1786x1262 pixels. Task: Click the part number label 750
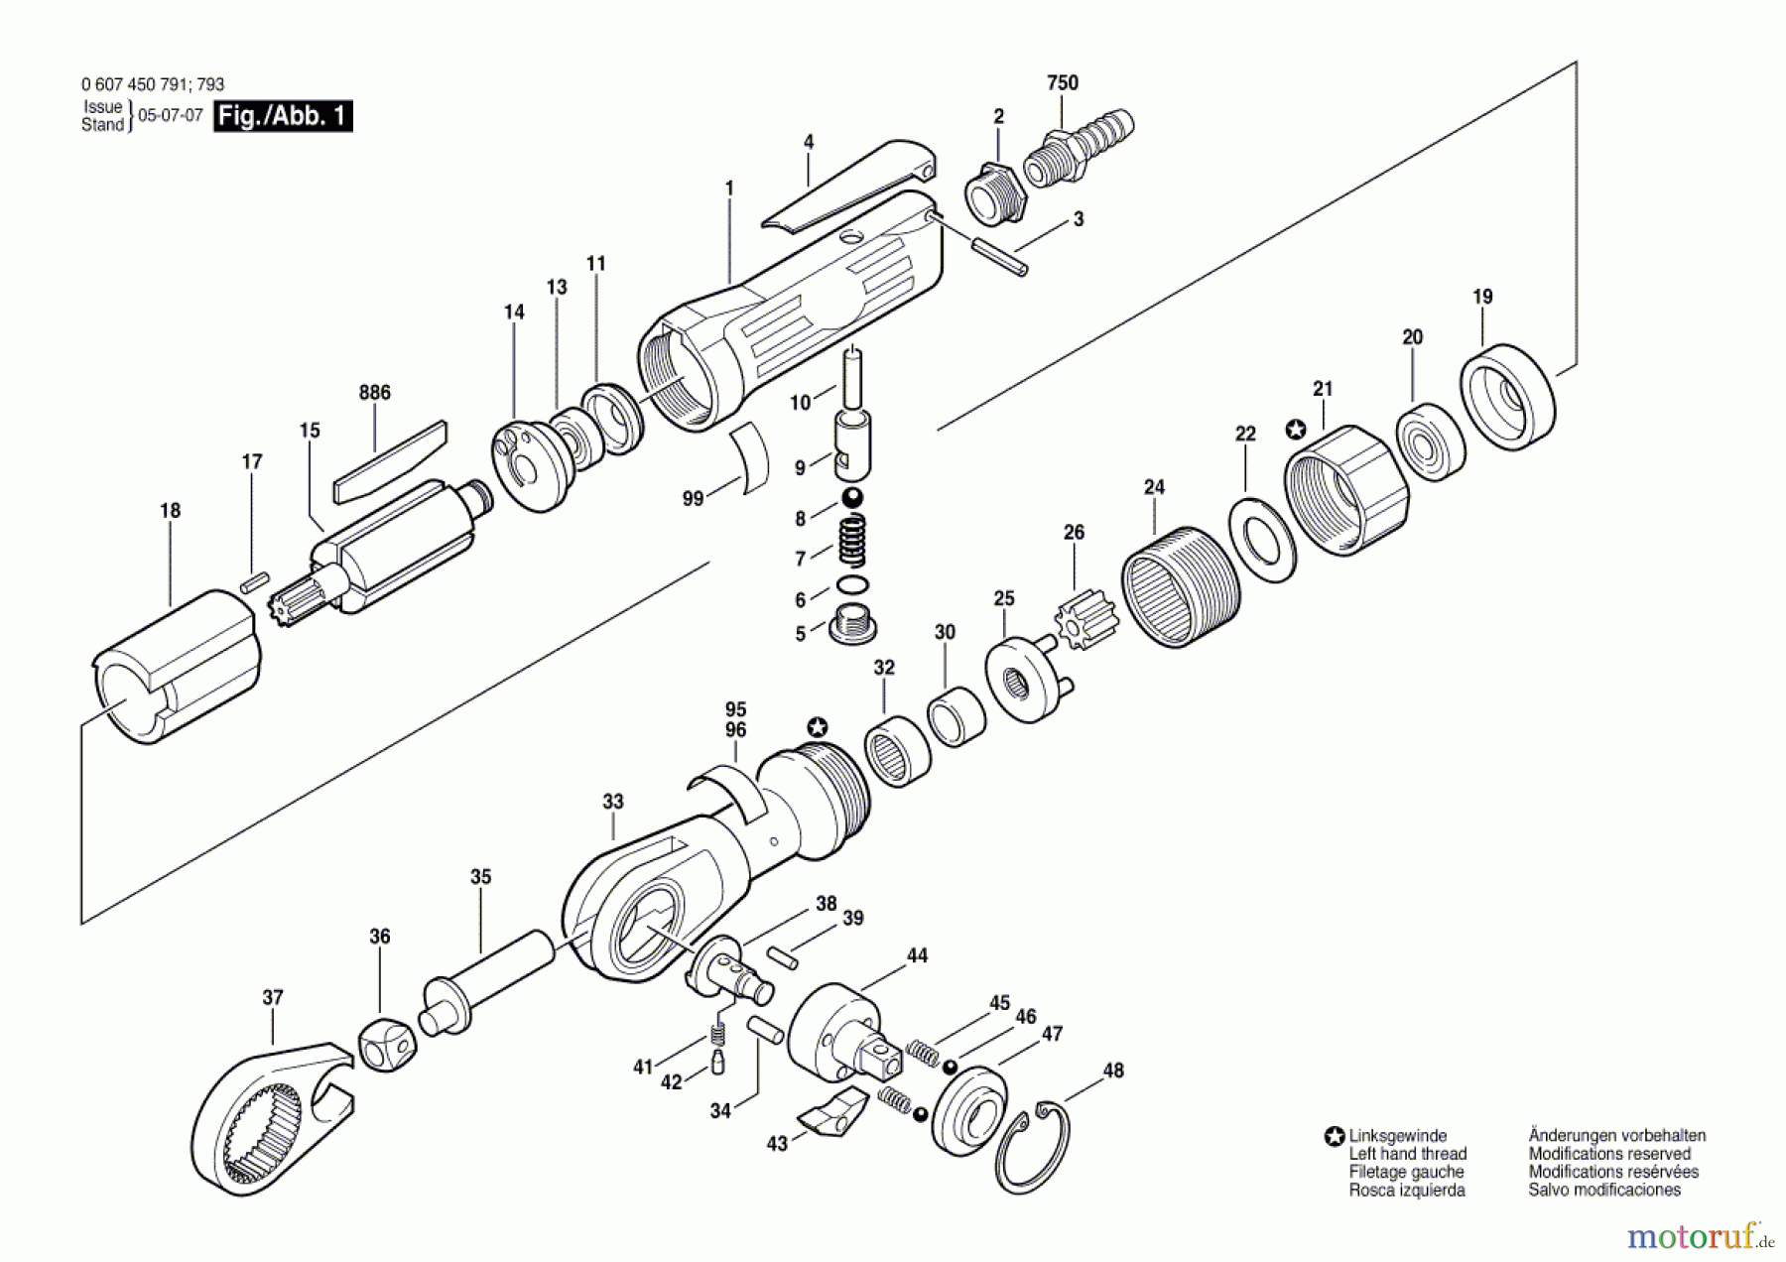point(1062,83)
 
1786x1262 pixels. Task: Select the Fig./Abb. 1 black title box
point(283,116)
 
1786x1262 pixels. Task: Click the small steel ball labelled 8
point(851,498)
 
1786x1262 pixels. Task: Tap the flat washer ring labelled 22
point(1262,541)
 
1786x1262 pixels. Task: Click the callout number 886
point(374,393)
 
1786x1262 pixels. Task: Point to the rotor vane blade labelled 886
point(389,462)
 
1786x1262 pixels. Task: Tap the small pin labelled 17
point(254,579)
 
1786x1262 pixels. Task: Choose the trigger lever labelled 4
point(848,186)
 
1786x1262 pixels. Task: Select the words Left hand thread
point(1407,1154)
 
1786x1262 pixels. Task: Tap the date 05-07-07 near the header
point(170,115)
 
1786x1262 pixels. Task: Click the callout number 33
point(612,802)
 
